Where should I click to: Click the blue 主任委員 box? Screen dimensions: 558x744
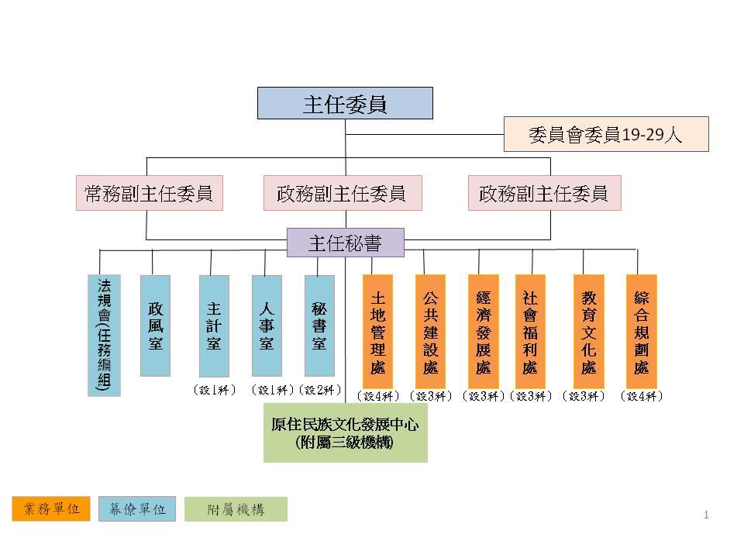(x=345, y=103)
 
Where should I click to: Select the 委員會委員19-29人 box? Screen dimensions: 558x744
(x=606, y=134)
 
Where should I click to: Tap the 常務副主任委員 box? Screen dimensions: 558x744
(x=150, y=193)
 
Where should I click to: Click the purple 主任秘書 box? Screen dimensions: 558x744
(x=345, y=243)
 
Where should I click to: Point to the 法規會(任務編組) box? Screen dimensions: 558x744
(x=104, y=335)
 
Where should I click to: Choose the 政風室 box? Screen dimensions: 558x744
(x=156, y=325)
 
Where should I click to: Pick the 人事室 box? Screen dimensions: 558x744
(x=267, y=325)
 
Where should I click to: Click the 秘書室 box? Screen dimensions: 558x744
(x=319, y=325)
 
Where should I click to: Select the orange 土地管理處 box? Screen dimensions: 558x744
(x=378, y=331)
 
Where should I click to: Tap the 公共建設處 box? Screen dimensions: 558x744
(x=430, y=331)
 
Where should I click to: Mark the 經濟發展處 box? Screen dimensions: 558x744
(x=483, y=331)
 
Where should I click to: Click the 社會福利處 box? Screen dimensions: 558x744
(x=530, y=331)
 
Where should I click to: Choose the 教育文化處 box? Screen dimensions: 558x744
(x=589, y=331)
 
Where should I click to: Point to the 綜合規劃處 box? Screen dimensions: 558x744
(x=642, y=331)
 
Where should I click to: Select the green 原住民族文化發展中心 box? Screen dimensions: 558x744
(x=345, y=432)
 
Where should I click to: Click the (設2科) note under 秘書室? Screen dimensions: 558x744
(x=319, y=390)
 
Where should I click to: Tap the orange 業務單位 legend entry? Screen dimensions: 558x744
(x=51, y=509)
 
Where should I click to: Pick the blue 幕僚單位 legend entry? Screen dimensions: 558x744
(x=137, y=509)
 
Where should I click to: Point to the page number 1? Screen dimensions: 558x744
(x=706, y=515)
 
